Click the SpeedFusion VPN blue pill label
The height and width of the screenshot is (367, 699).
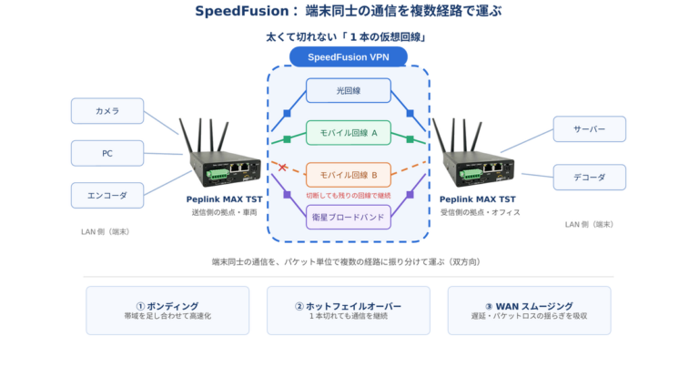point(349,57)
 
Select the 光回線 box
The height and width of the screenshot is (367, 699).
point(349,90)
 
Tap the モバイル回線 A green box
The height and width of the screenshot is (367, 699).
point(349,133)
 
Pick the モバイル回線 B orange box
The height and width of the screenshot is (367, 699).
point(349,175)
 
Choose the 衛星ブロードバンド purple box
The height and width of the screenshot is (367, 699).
point(349,217)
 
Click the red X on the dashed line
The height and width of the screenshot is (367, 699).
point(282,168)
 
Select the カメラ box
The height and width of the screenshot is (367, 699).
point(107,111)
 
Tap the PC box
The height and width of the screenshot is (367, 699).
point(107,153)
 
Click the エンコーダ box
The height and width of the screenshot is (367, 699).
point(107,195)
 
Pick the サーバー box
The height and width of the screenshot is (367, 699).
point(590,129)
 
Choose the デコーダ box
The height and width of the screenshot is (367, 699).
point(590,178)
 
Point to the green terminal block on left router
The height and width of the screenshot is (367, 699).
point(217,174)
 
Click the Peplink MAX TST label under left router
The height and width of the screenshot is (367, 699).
point(224,199)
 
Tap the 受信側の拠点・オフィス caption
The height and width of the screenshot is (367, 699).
point(481,212)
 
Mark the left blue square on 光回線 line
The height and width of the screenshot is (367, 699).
point(287,113)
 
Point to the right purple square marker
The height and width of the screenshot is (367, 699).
point(410,195)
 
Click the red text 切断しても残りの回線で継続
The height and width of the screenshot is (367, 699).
point(349,195)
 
